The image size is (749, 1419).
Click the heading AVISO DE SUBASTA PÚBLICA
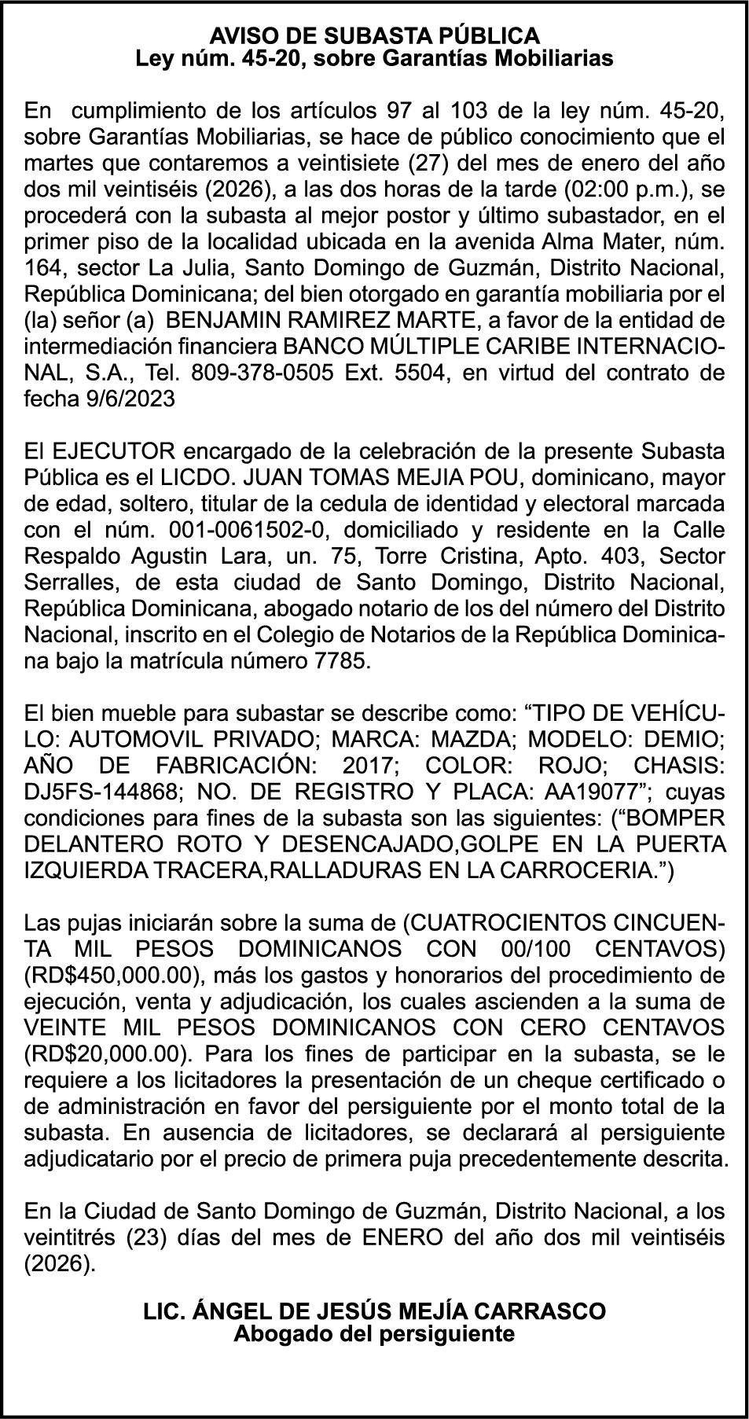pyautogui.click(x=374, y=35)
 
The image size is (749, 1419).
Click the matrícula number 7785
pyautogui.click(x=341, y=661)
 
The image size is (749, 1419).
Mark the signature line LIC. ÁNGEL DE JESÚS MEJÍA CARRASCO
pyautogui.click(x=374, y=1311)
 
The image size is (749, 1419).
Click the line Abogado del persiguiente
pyautogui.click(x=374, y=1333)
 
